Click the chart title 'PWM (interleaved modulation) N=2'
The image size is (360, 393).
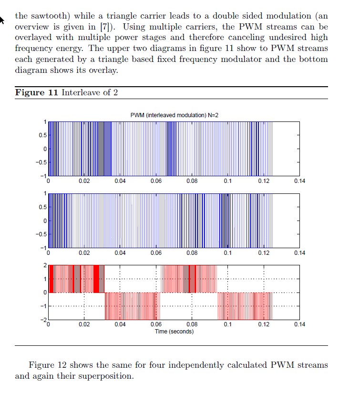click(x=175, y=115)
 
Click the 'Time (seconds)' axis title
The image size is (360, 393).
click(x=175, y=332)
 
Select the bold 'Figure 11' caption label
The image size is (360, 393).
click(x=36, y=92)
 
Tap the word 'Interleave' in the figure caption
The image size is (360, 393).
click(x=82, y=92)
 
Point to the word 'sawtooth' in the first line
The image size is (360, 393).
click(x=49, y=16)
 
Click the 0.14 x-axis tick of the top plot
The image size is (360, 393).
click(x=299, y=181)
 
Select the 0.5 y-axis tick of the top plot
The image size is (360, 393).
click(x=42, y=135)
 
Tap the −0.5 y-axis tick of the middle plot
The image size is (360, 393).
click(x=41, y=234)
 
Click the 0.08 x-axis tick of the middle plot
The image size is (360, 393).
click(x=192, y=253)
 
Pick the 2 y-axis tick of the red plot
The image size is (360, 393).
click(x=45, y=265)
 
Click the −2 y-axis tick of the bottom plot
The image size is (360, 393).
click(x=44, y=320)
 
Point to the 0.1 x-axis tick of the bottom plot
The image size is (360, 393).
click(x=228, y=324)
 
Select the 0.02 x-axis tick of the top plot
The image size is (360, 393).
click(x=84, y=181)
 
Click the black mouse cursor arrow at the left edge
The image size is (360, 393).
click(x=1, y=20)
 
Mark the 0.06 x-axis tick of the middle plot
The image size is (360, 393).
click(x=156, y=253)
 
